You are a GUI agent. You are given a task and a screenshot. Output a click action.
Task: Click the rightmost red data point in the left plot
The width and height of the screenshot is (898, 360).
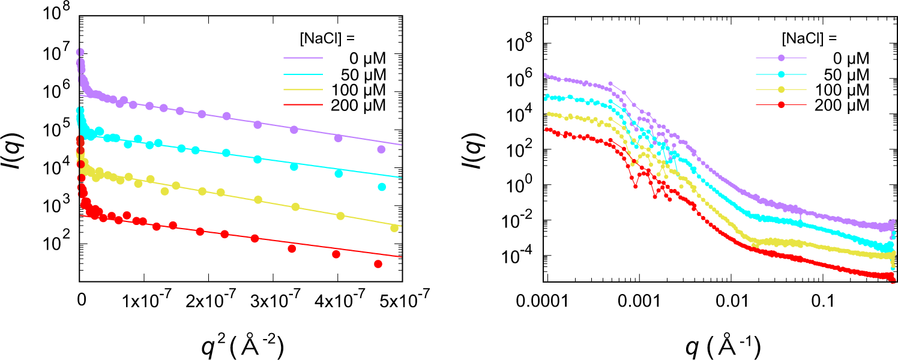[378, 264]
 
